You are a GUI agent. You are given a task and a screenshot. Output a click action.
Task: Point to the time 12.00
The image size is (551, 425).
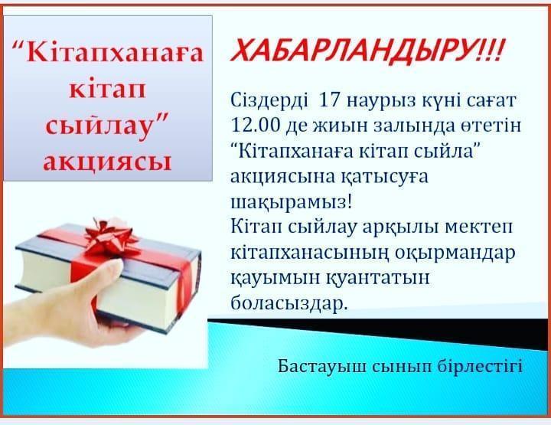[255, 126]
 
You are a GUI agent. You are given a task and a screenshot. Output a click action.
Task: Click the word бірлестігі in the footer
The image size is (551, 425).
[481, 367]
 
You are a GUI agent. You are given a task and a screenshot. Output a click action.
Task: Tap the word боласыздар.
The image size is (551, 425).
[289, 303]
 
